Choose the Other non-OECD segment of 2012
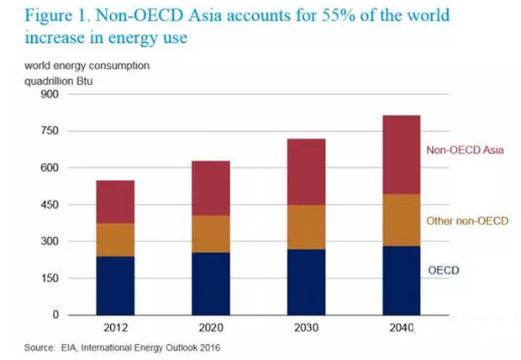coord(115,240)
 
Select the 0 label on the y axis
coord(55,315)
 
